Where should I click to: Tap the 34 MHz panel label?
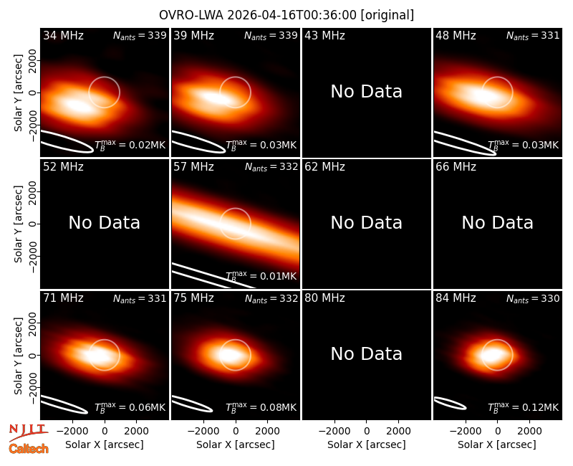(63, 35)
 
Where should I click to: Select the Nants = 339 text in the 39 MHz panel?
(271, 35)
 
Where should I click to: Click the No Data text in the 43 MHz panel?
(366, 92)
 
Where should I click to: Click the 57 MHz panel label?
(193, 167)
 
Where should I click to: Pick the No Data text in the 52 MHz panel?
(104, 222)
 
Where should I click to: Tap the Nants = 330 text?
(533, 298)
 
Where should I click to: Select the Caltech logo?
(29, 449)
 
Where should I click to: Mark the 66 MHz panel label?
(456, 167)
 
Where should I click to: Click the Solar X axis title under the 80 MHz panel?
(366, 444)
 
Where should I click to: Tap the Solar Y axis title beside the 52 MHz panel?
(18, 224)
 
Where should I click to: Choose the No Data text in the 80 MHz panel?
(366, 353)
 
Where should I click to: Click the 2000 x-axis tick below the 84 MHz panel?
(529, 432)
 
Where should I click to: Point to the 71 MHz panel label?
(63, 298)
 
